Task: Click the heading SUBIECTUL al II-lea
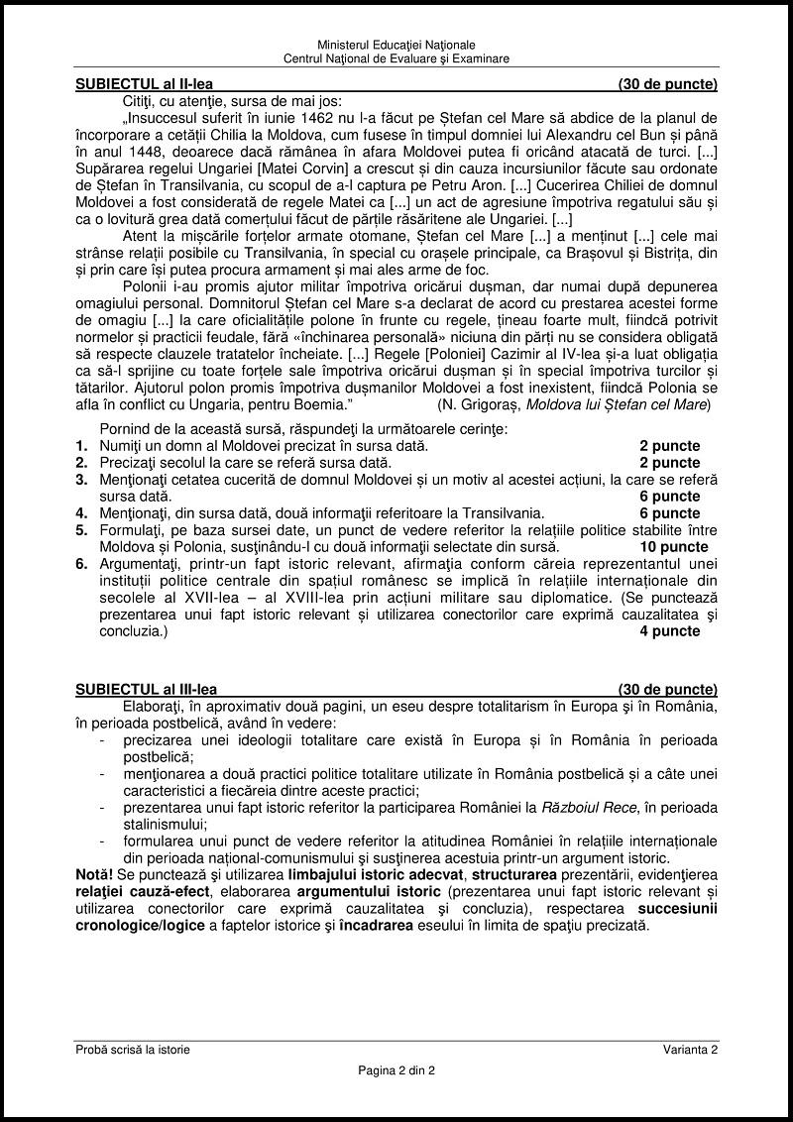pyautogui.click(x=144, y=84)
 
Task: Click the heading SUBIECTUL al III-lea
pyautogui.click(x=146, y=690)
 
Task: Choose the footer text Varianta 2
pyautogui.click(x=691, y=1050)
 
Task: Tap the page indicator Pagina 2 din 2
pyautogui.click(x=396, y=1070)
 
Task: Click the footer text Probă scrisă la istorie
pyautogui.click(x=133, y=1050)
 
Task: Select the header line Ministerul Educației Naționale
pyautogui.click(x=396, y=46)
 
